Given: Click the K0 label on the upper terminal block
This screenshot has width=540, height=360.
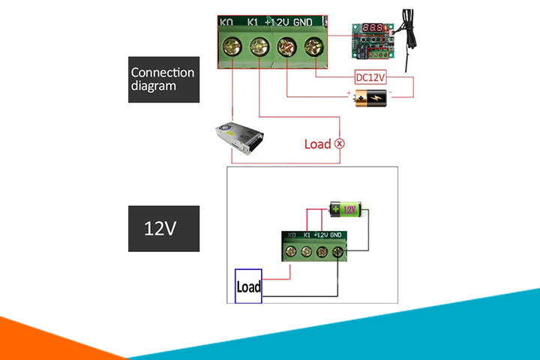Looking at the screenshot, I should tap(227, 22).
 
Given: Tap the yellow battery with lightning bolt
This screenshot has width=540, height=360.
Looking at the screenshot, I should tap(371, 97).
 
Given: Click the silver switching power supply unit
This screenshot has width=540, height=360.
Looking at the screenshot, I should tap(239, 139).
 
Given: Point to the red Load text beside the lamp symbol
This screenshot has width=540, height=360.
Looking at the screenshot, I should tap(317, 143).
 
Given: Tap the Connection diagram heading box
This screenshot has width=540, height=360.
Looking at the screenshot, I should tap(163, 79).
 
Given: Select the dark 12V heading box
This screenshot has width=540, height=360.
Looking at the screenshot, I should tap(163, 228).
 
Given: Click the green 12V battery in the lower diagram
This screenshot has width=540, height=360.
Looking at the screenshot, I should tap(346, 209).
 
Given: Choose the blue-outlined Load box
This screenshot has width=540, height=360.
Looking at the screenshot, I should tap(247, 286).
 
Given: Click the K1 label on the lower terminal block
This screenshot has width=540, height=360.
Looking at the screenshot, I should tap(306, 235).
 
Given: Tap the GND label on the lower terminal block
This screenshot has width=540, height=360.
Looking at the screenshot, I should tap(337, 235).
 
